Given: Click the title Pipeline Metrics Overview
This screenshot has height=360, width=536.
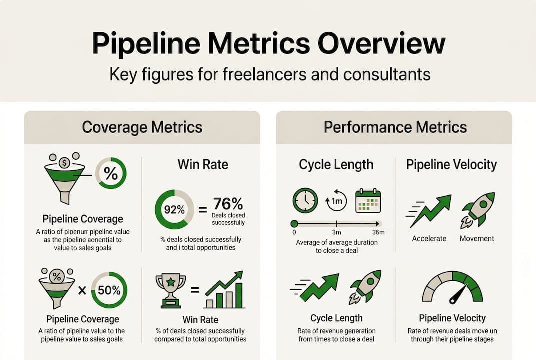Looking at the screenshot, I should [268, 44].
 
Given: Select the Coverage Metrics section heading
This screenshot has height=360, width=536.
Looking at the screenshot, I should [142, 127].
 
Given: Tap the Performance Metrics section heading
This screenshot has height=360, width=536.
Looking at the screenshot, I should [395, 127].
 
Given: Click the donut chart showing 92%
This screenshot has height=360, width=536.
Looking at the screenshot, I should [174, 210].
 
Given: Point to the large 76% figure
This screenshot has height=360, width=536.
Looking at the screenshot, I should [228, 204].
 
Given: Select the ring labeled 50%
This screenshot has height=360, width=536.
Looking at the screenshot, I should [109, 289].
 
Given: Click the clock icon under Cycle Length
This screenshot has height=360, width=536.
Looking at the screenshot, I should [305, 201].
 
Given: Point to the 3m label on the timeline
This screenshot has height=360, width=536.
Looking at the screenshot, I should [337, 233].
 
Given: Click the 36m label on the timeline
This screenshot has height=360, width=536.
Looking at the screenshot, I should [378, 233].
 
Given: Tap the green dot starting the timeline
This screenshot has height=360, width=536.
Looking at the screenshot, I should [294, 223].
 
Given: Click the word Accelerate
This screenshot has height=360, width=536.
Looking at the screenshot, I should [429, 239].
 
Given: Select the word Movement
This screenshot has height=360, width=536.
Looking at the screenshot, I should [477, 239].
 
